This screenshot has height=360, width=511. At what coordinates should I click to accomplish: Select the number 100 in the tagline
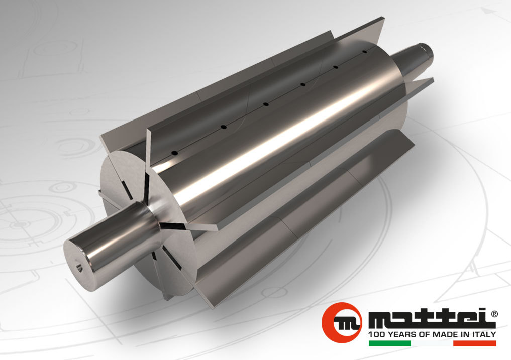(x=377, y=334)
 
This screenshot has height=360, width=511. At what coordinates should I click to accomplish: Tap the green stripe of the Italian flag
(x=389, y=343)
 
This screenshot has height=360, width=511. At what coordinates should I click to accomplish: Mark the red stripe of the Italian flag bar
(x=474, y=343)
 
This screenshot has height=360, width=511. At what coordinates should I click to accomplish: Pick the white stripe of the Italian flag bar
(x=432, y=343)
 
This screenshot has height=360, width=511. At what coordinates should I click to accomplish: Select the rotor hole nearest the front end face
(x=174, y=152)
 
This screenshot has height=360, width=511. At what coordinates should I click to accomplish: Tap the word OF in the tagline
(x=423, y=334)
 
